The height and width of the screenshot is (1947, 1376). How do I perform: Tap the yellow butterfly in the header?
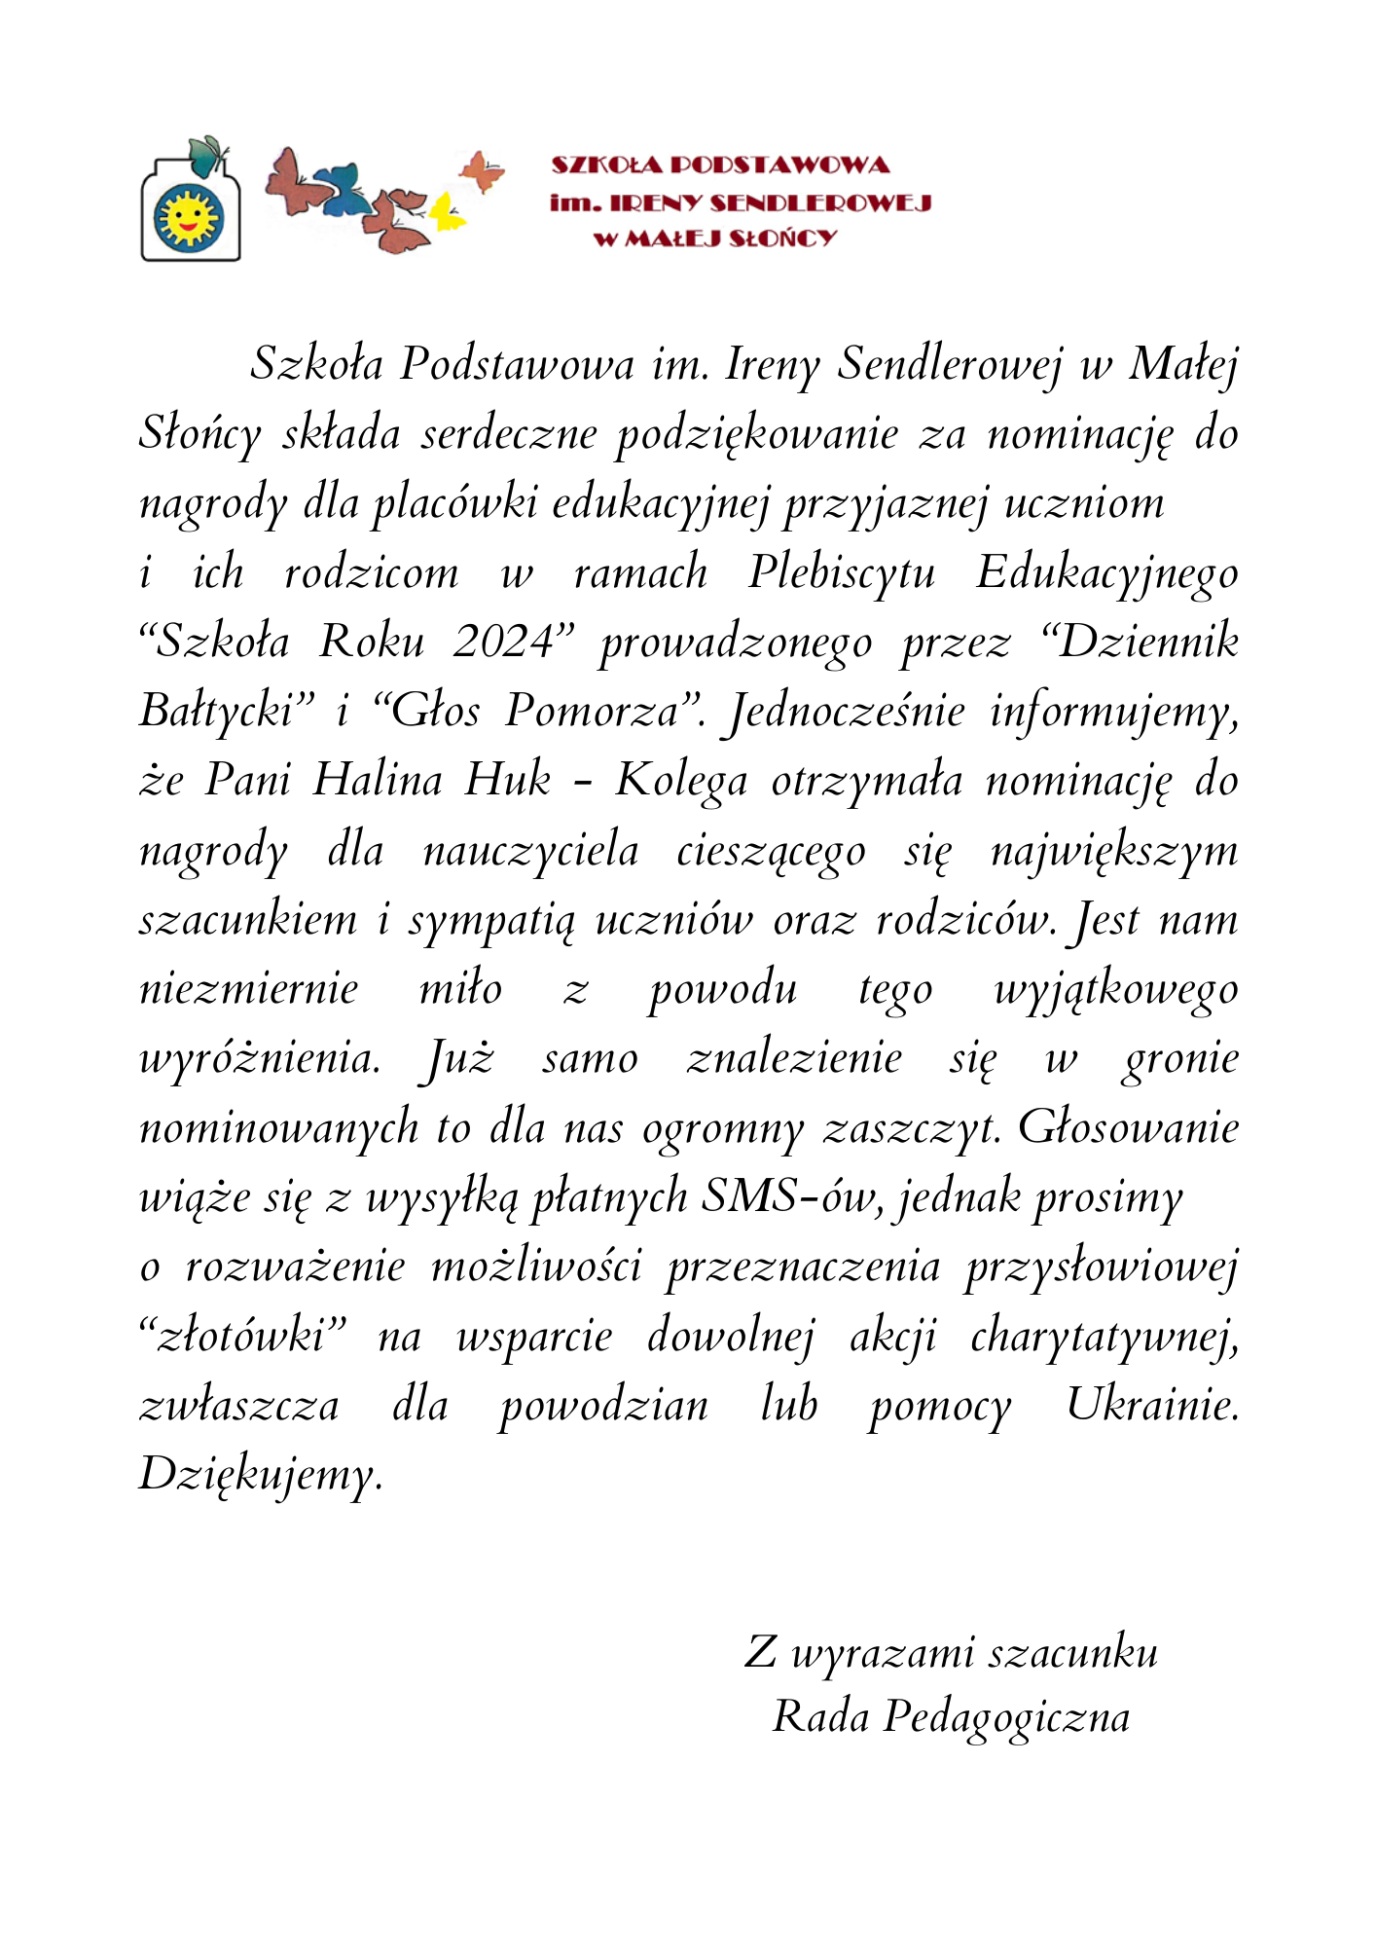447,212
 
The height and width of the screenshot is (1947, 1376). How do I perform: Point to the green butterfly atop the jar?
208,156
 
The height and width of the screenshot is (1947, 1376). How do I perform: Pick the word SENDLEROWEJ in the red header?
820,202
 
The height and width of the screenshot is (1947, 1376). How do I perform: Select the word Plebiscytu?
841,572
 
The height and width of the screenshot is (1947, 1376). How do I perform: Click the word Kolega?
681,781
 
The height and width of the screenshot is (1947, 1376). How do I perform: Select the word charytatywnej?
1104,1336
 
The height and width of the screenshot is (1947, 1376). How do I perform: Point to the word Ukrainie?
1152,1405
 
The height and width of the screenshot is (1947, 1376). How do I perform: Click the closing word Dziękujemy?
261,1475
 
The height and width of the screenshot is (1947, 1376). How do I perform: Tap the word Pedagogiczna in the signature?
1006,1716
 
